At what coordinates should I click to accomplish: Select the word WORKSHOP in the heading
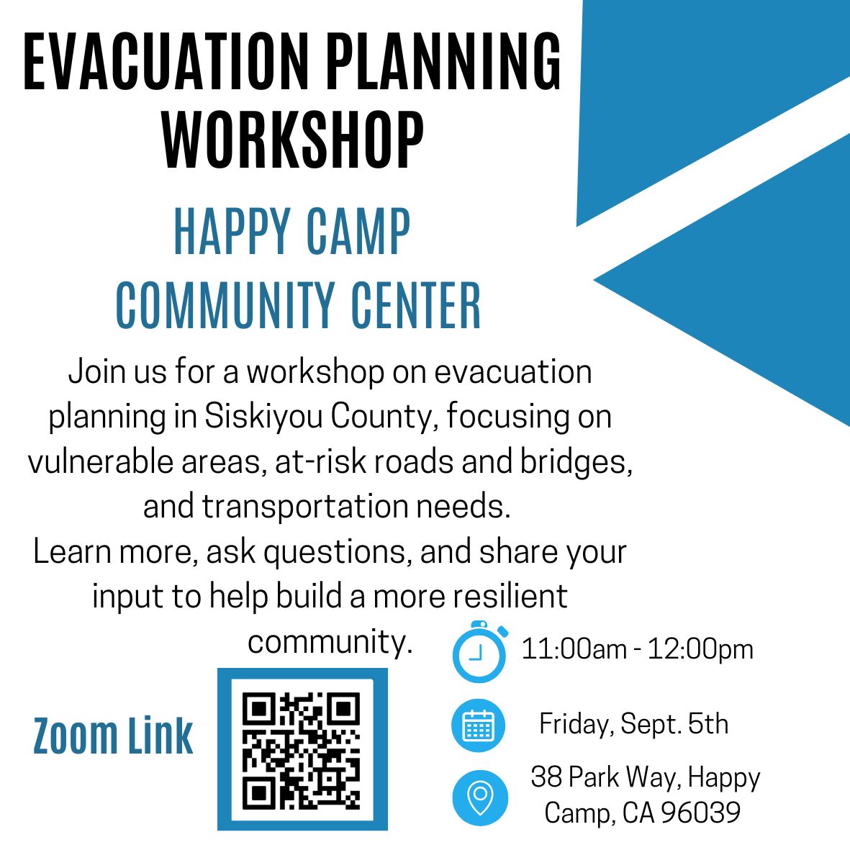tap(293, 140)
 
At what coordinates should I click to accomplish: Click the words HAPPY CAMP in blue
tap(291, 232)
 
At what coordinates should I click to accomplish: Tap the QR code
tap(302, 749)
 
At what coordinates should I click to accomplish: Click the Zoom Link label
tap(113, 736)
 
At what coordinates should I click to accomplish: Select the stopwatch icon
tap(480, 651)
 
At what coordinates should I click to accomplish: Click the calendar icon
tap(478, 725)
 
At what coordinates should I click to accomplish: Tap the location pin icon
tap(480, 797)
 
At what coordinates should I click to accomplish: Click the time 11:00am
tap(574, 649)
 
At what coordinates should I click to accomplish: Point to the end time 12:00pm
tap(700, 649)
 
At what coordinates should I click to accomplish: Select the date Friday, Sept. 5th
tap(633, 724)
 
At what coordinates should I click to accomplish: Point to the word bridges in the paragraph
tap(577, 462)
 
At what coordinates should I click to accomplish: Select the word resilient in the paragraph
tap(510, 596)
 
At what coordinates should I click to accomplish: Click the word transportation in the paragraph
tap(304, 507)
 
